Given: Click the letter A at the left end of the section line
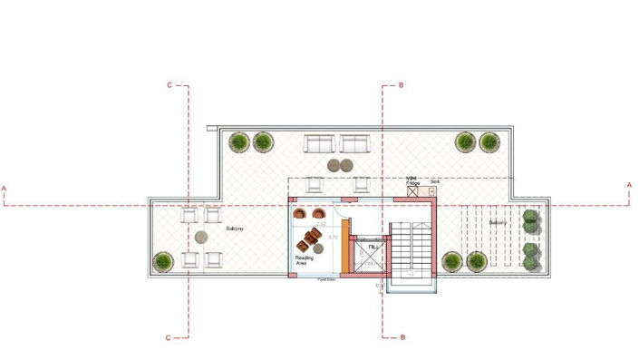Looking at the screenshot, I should (5, 188).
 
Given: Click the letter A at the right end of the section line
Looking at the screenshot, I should (629, 186).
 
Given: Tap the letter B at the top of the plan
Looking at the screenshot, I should (401, 85).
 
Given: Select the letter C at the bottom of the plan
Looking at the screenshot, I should (169, 337).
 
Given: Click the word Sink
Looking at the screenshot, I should (434, 181).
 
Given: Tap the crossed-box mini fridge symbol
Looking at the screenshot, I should (413, 191).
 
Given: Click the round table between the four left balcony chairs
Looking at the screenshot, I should (201, 238).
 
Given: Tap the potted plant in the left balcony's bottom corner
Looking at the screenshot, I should (163, 261).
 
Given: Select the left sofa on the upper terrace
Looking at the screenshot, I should (320, 143).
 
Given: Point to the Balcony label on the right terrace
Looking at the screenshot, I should (498, 222).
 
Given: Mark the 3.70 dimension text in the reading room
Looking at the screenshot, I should (333, 238).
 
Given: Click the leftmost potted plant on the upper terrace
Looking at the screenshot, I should (239, 141).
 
